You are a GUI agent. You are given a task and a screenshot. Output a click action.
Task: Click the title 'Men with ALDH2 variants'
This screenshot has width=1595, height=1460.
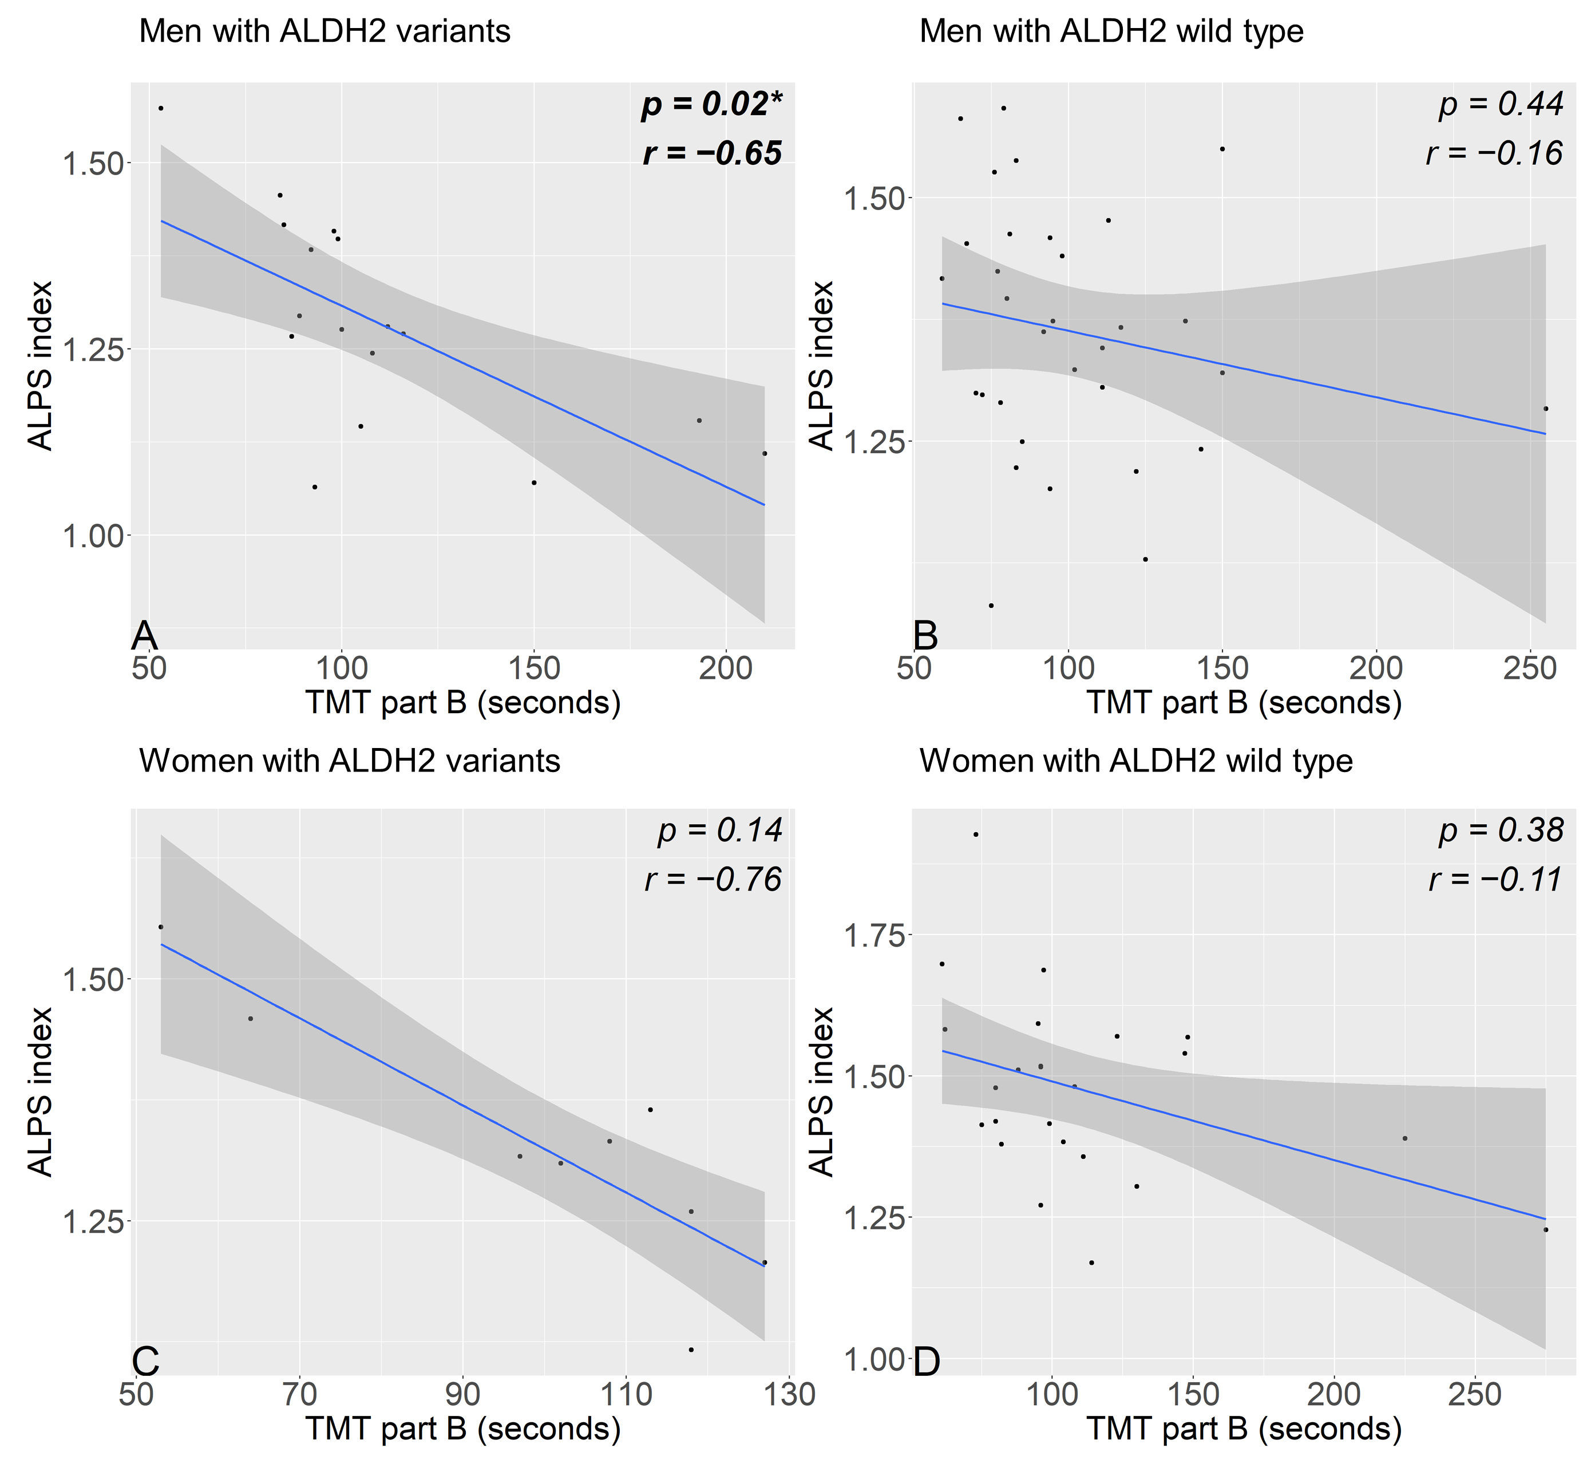[324, 31]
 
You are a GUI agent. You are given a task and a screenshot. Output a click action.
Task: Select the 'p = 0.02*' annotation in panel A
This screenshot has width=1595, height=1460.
[710, 105]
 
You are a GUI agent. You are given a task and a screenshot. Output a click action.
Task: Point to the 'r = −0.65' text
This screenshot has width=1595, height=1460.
[712, 153]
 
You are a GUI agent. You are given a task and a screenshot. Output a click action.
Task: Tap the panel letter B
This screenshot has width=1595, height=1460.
[925, 635]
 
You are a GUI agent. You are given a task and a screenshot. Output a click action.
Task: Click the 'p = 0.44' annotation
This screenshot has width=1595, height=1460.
[1501, 105]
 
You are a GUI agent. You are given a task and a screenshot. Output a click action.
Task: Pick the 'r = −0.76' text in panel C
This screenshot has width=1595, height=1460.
[713, 879]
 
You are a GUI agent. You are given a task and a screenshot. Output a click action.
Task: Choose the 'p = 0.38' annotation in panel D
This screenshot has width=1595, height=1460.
[1501, 830]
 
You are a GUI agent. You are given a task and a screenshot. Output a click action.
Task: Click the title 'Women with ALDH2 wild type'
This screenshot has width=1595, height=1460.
[1136, 761]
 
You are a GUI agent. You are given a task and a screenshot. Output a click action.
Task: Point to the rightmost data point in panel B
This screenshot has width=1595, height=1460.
[1545, 408]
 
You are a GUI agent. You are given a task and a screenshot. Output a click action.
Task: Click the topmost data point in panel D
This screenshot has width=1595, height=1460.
[976, 834]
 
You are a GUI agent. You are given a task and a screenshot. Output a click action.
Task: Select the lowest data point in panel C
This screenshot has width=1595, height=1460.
[691, 1349]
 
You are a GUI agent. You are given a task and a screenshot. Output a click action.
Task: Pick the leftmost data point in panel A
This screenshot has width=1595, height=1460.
[161, 108]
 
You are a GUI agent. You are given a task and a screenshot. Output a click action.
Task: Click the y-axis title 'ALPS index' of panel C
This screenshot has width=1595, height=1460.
[39, 1092]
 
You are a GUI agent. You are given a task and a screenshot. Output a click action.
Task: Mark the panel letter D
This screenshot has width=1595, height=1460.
[927, 1362]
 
